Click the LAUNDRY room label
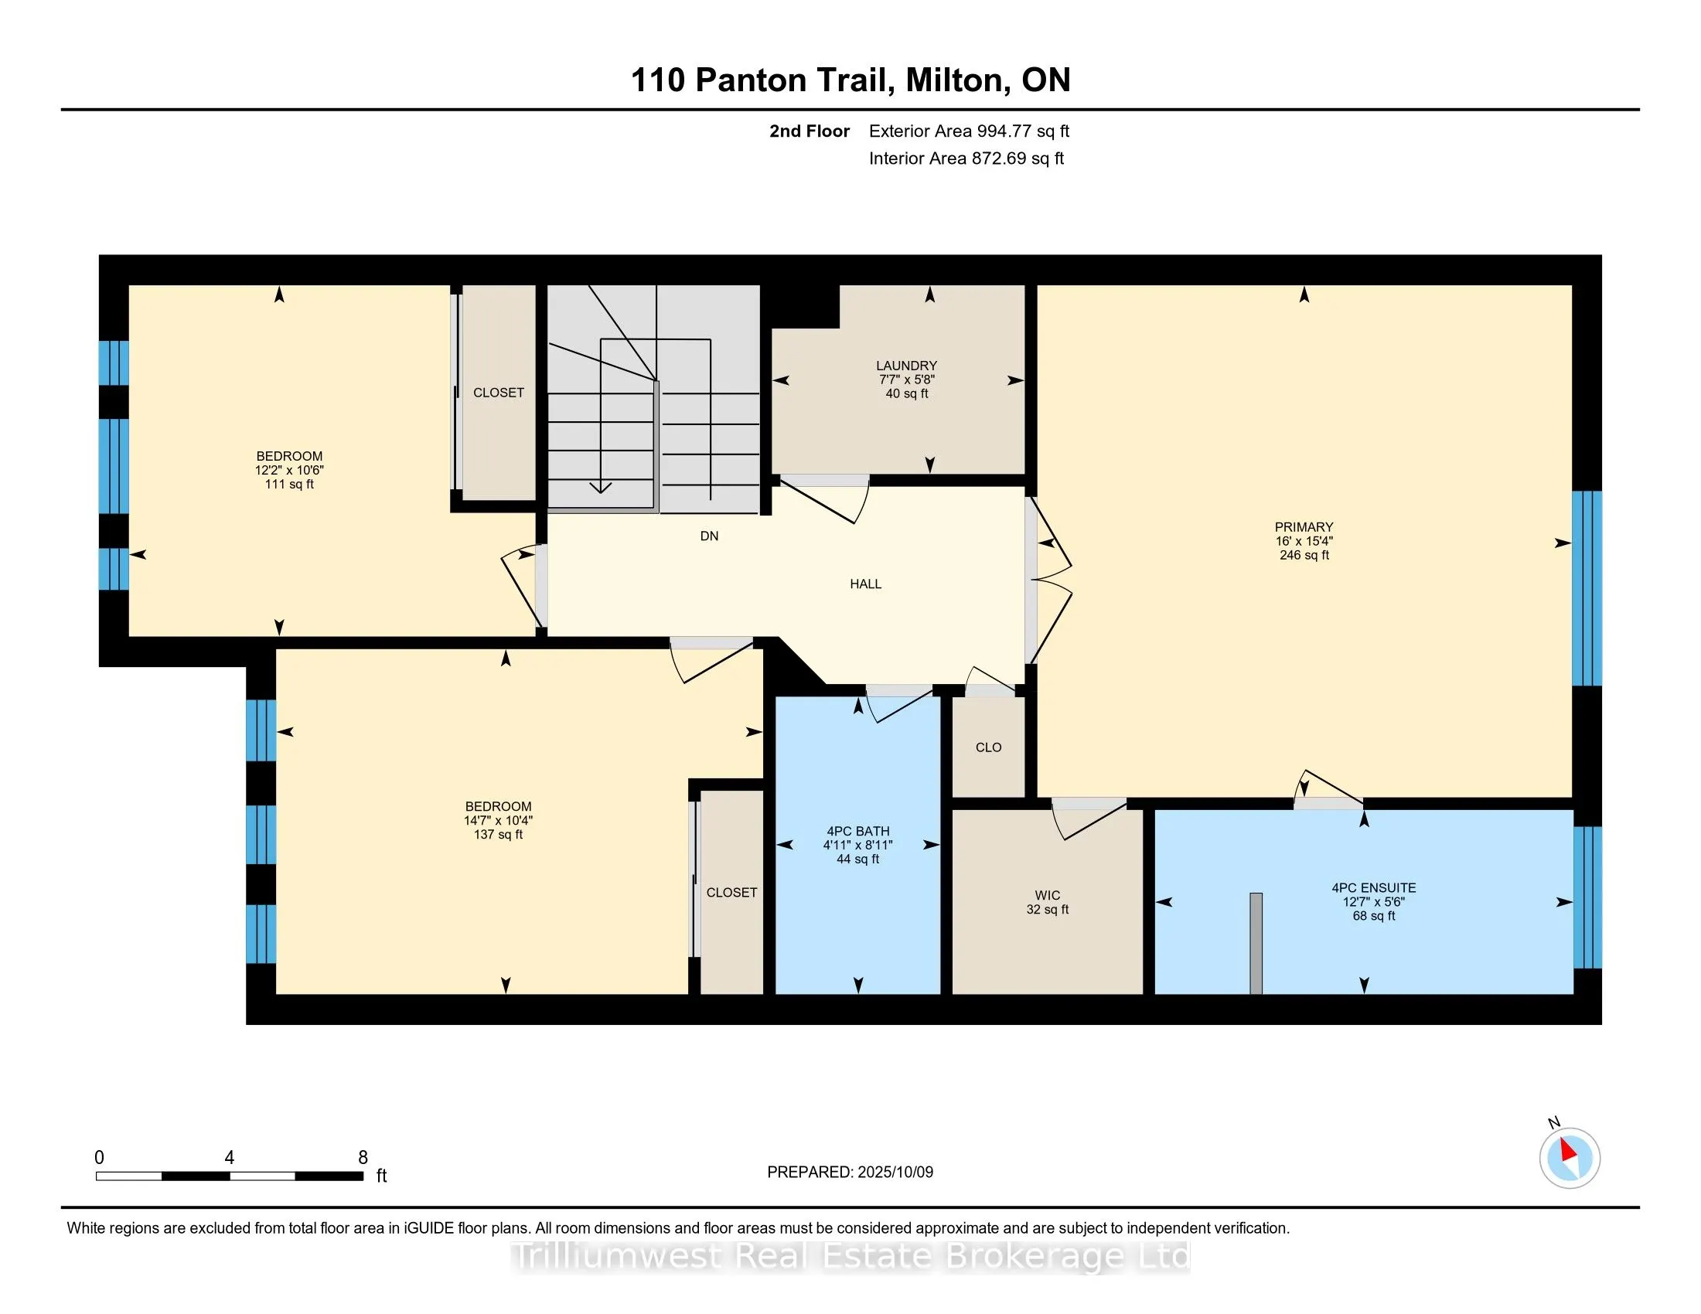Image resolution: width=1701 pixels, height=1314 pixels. [906, 366]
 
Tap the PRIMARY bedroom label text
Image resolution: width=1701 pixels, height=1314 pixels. [1304, 527]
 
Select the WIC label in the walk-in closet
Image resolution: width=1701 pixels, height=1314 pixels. [1047, 895]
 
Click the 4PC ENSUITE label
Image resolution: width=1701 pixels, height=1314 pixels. [1373, 887]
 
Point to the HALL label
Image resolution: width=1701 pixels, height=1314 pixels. [865, 584]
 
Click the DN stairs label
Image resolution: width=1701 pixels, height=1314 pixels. [709, 536]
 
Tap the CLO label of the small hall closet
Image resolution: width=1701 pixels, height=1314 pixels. [987, 747]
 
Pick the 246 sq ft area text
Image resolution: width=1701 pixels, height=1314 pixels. [1304, 555]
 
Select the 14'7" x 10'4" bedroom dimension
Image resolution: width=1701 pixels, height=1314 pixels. [498, 820]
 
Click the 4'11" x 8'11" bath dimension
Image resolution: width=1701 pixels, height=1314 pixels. [857, 845]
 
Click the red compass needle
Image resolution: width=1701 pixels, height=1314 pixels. [1569, 1151]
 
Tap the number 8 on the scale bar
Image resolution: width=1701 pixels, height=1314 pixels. [362, 1158]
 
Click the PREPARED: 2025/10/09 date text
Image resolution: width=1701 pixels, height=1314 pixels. [850, 1173]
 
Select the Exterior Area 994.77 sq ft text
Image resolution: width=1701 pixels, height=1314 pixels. [968, 131]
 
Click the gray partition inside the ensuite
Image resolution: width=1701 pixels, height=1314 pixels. [1256, 943]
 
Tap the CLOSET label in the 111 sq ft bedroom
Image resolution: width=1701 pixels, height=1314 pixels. [499, 393]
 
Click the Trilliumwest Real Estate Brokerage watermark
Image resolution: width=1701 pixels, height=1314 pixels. [850, 1255]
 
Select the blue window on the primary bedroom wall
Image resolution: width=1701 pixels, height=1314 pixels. [1587, 587]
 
